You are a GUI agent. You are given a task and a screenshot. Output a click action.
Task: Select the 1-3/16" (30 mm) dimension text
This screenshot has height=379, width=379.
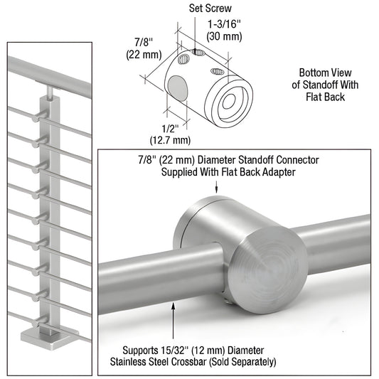coord(224,29)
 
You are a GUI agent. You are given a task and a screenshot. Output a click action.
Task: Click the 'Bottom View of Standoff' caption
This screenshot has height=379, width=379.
coord(322,84)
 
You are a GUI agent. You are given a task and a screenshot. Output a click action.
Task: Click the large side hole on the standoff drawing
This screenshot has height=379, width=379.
coord(179,90)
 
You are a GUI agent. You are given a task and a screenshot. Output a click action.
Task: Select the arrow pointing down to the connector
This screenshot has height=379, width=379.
coord(215,186)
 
